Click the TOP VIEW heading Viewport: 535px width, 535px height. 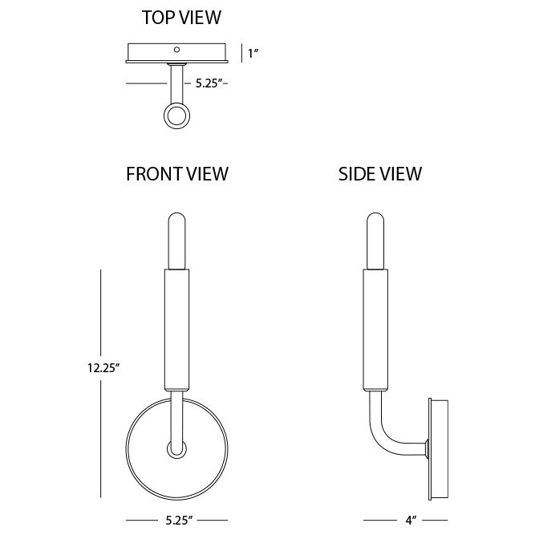[181, 18]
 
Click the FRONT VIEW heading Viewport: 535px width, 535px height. [176, 174]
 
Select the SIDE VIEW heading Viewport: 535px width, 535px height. [380, 174]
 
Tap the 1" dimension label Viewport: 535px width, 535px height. [254, 54]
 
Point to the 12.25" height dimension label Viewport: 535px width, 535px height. [103, 369]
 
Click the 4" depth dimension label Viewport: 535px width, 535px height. [411, 521]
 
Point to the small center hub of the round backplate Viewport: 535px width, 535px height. [176, 449]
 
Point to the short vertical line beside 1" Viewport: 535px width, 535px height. [241, 54]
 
